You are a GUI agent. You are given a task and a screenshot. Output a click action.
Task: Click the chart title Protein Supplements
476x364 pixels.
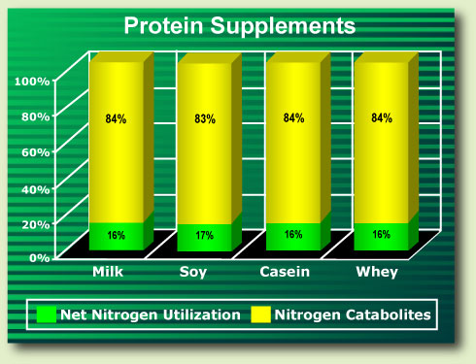point(240,26)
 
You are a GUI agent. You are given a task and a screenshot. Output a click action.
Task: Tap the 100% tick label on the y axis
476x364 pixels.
point(32,82)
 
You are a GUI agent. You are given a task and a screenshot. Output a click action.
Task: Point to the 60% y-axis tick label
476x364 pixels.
point(36,152)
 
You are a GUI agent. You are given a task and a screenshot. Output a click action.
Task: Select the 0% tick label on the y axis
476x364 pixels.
point(40,258)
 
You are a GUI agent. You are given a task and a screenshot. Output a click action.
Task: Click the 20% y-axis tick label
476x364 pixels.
point(36,224)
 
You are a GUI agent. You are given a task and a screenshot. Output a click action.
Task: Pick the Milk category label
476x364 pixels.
point(108,272)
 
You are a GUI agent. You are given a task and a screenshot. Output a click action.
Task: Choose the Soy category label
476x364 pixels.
point(193,272)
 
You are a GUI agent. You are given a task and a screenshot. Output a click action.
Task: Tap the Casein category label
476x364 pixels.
point(285,272)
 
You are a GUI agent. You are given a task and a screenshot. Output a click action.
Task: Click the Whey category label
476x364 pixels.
point(377,272)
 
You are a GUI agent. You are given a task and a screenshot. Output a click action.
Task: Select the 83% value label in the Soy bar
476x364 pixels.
point(205,119)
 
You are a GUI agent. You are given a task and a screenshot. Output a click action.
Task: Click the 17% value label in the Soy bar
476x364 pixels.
point(204,235)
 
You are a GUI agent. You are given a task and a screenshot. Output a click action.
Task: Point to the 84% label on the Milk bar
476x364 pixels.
point(116,119)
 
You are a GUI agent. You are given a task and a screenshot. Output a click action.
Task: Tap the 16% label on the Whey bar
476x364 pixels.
point(382,234)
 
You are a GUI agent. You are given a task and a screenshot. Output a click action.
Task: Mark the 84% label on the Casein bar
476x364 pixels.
point(293,118)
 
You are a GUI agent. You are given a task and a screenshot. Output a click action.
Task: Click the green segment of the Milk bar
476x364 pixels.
point(117,236)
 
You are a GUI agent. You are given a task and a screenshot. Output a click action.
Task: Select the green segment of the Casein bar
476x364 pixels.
point(293,237)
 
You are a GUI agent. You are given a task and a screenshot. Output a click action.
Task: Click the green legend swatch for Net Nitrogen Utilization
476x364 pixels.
point(47,314)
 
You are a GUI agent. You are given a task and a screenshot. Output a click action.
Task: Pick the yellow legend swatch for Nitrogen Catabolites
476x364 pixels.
point(260,314)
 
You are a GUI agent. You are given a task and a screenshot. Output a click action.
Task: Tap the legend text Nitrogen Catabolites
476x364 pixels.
point(353,314)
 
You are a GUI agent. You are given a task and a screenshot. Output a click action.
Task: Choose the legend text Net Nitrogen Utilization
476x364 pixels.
point(151,314)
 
